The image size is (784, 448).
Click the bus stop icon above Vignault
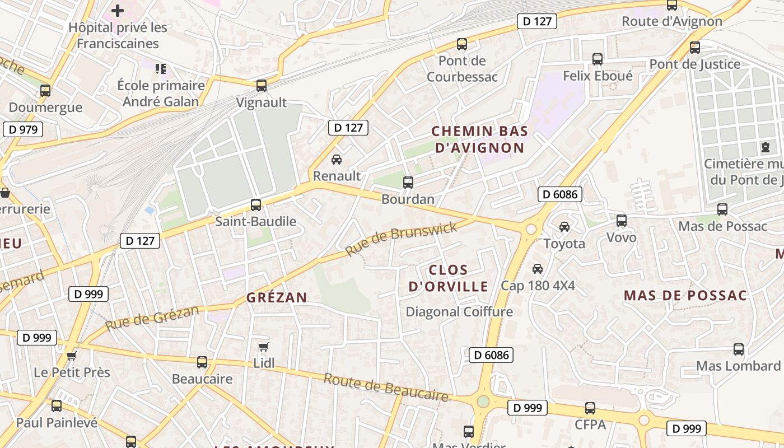tap(262, 86)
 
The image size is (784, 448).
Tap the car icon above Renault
tap(337, 160)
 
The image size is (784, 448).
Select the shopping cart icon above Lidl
tap(264, 347)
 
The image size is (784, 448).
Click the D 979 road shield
tap(23, 130)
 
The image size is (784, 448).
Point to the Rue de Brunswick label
tap(401, 238)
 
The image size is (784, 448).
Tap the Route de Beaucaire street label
tap(386, 388)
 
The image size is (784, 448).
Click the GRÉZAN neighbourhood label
tap(277, 297)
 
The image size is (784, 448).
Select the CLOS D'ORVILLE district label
tap(448, 278)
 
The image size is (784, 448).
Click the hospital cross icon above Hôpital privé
tap(118, 11)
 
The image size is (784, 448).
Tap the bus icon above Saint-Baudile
tap(256, 205)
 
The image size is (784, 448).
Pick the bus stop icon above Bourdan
tap(408, 183)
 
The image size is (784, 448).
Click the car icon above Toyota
tap(564, 227)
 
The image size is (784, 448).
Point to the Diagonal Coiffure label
tap(459, 312)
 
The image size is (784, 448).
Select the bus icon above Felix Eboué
tap(598, 59)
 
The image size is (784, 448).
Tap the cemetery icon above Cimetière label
tap(766, 148)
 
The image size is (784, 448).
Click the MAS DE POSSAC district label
tap(685, 296)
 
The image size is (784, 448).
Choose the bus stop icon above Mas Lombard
tap(739, 349)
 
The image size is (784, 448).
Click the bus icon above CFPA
tap(590, 408)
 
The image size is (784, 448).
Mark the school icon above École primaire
tap(161, 69)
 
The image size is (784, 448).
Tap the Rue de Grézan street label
tap(152, 318)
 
